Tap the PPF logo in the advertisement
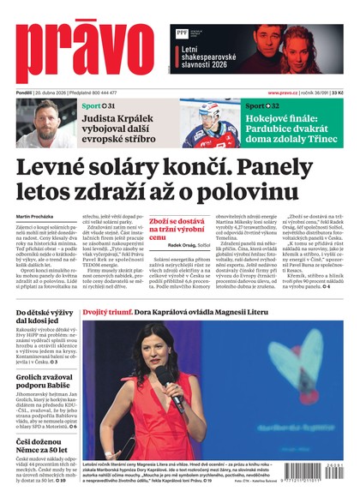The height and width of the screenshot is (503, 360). pyautogui.click(x=182, y=34)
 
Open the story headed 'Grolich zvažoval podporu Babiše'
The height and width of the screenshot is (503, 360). pyautogui.click(x=40, y=380)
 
